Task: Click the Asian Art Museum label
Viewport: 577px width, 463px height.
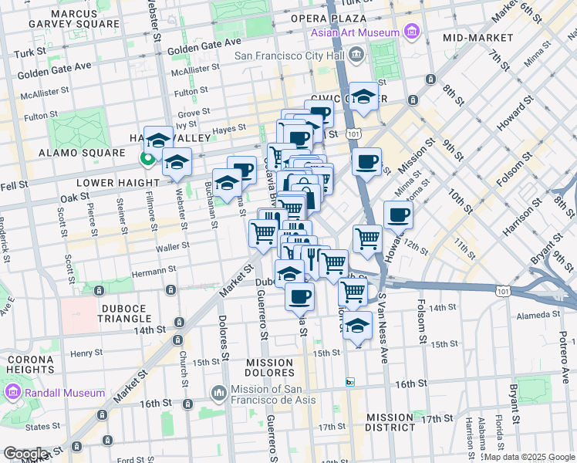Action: [x=356, y=32]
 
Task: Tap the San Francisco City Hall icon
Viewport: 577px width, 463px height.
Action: [x=356, y=54]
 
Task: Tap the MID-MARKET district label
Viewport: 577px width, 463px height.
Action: [x=478, y=37]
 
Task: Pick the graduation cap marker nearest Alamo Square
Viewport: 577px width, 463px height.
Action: [x=159, y=140]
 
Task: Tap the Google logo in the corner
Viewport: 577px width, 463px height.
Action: [x=25, y=454]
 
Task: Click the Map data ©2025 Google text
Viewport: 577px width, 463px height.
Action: [x=529, y=457]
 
